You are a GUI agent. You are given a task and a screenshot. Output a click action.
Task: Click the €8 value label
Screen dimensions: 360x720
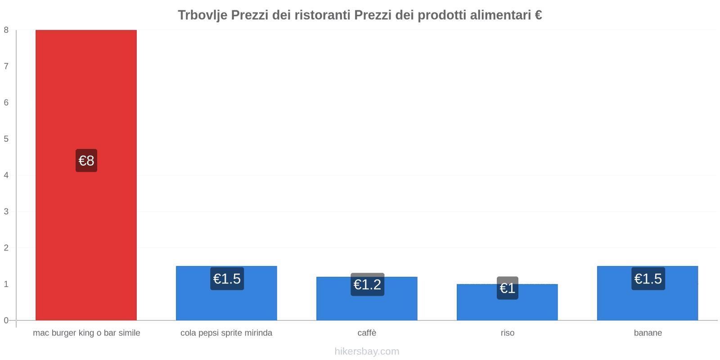(86, 161)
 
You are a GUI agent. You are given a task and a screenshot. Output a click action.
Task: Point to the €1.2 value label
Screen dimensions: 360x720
(367, 284)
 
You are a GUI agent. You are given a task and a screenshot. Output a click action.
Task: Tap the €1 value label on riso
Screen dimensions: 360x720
(507, 288)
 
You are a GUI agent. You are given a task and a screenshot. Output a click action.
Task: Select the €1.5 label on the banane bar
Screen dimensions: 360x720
(648, 279)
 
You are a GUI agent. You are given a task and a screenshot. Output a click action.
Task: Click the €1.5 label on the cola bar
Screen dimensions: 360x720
(227, 279)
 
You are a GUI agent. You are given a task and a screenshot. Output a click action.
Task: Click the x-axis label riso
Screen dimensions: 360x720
(507, 333)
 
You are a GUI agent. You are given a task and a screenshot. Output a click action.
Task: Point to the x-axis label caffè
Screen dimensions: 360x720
(367, 333)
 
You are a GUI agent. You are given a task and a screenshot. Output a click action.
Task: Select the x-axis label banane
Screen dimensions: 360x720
(648, 333)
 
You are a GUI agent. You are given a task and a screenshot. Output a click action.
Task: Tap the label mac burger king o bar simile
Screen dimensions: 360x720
(86, 333)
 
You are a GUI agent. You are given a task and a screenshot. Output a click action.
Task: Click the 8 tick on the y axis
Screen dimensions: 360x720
(6, 30)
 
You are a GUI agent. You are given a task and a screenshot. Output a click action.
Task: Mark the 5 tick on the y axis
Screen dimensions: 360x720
(6, 139)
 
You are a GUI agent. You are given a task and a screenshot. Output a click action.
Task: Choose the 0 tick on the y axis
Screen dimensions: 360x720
(6, 320)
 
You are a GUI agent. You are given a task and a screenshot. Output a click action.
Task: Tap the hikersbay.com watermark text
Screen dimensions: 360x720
(367, 351)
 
